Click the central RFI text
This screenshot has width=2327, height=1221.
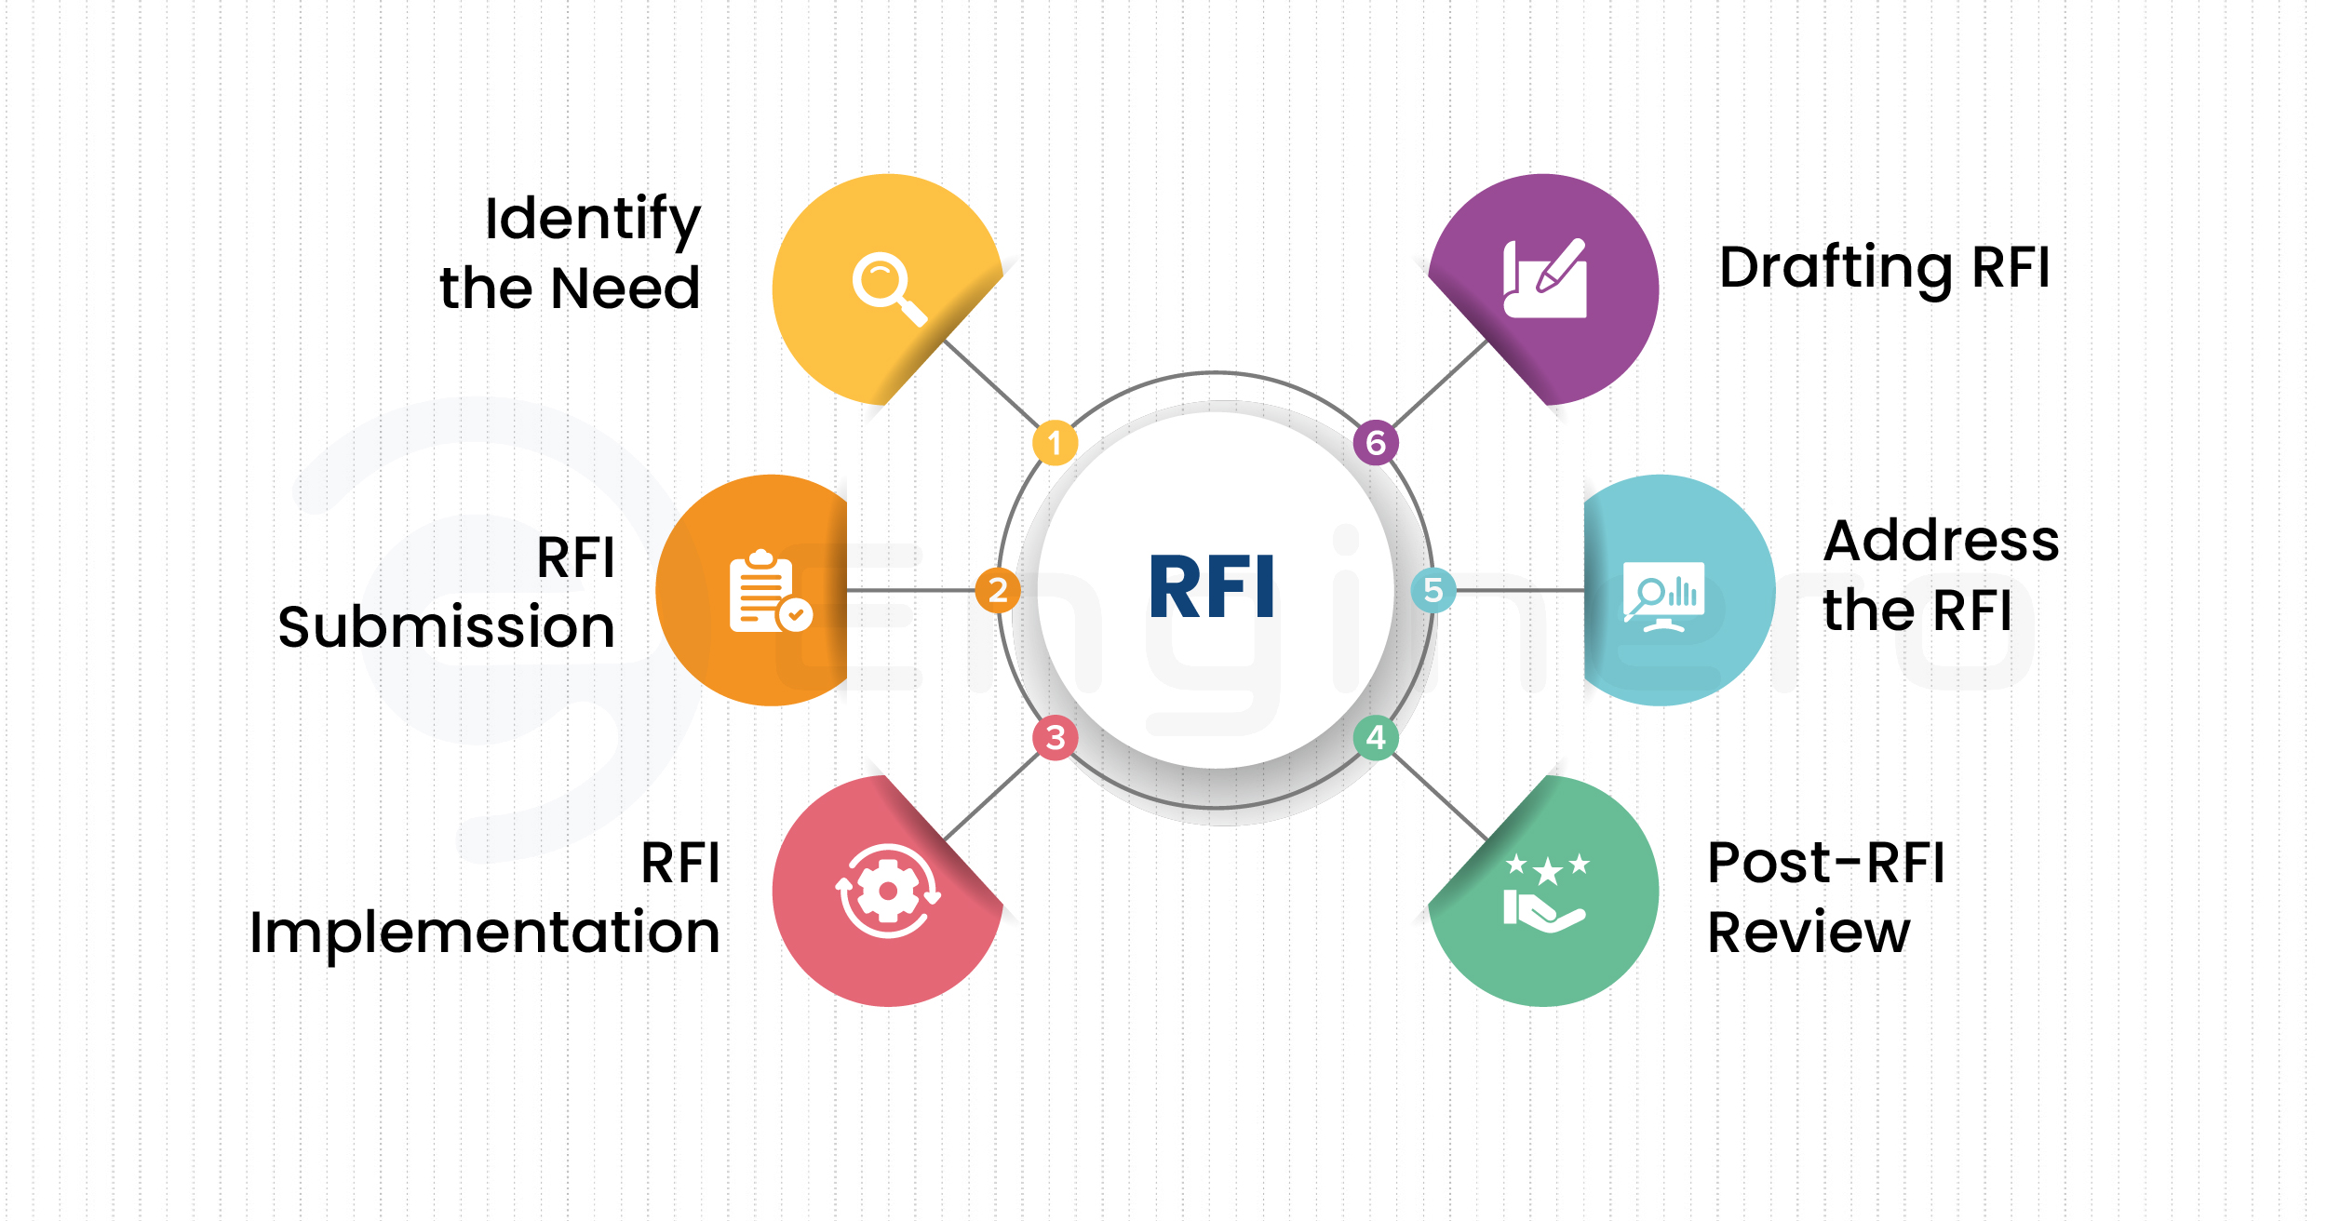1212,586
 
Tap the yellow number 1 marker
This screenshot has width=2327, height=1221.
1055,443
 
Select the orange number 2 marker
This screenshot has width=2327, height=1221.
998,590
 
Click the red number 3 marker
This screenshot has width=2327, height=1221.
1055,738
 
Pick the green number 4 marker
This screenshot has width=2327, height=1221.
1376,738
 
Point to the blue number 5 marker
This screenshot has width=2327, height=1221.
1433,590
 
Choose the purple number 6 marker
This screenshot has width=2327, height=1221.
1376,443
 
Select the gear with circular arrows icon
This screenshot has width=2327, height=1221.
888,891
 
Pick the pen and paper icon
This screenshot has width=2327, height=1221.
1545,279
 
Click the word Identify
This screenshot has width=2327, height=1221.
593,220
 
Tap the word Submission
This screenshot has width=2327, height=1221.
447,627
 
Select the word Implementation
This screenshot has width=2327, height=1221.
485,933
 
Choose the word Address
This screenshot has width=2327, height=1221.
1941,541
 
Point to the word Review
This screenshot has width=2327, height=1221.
1809,933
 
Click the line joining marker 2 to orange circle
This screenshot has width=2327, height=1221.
910,590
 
